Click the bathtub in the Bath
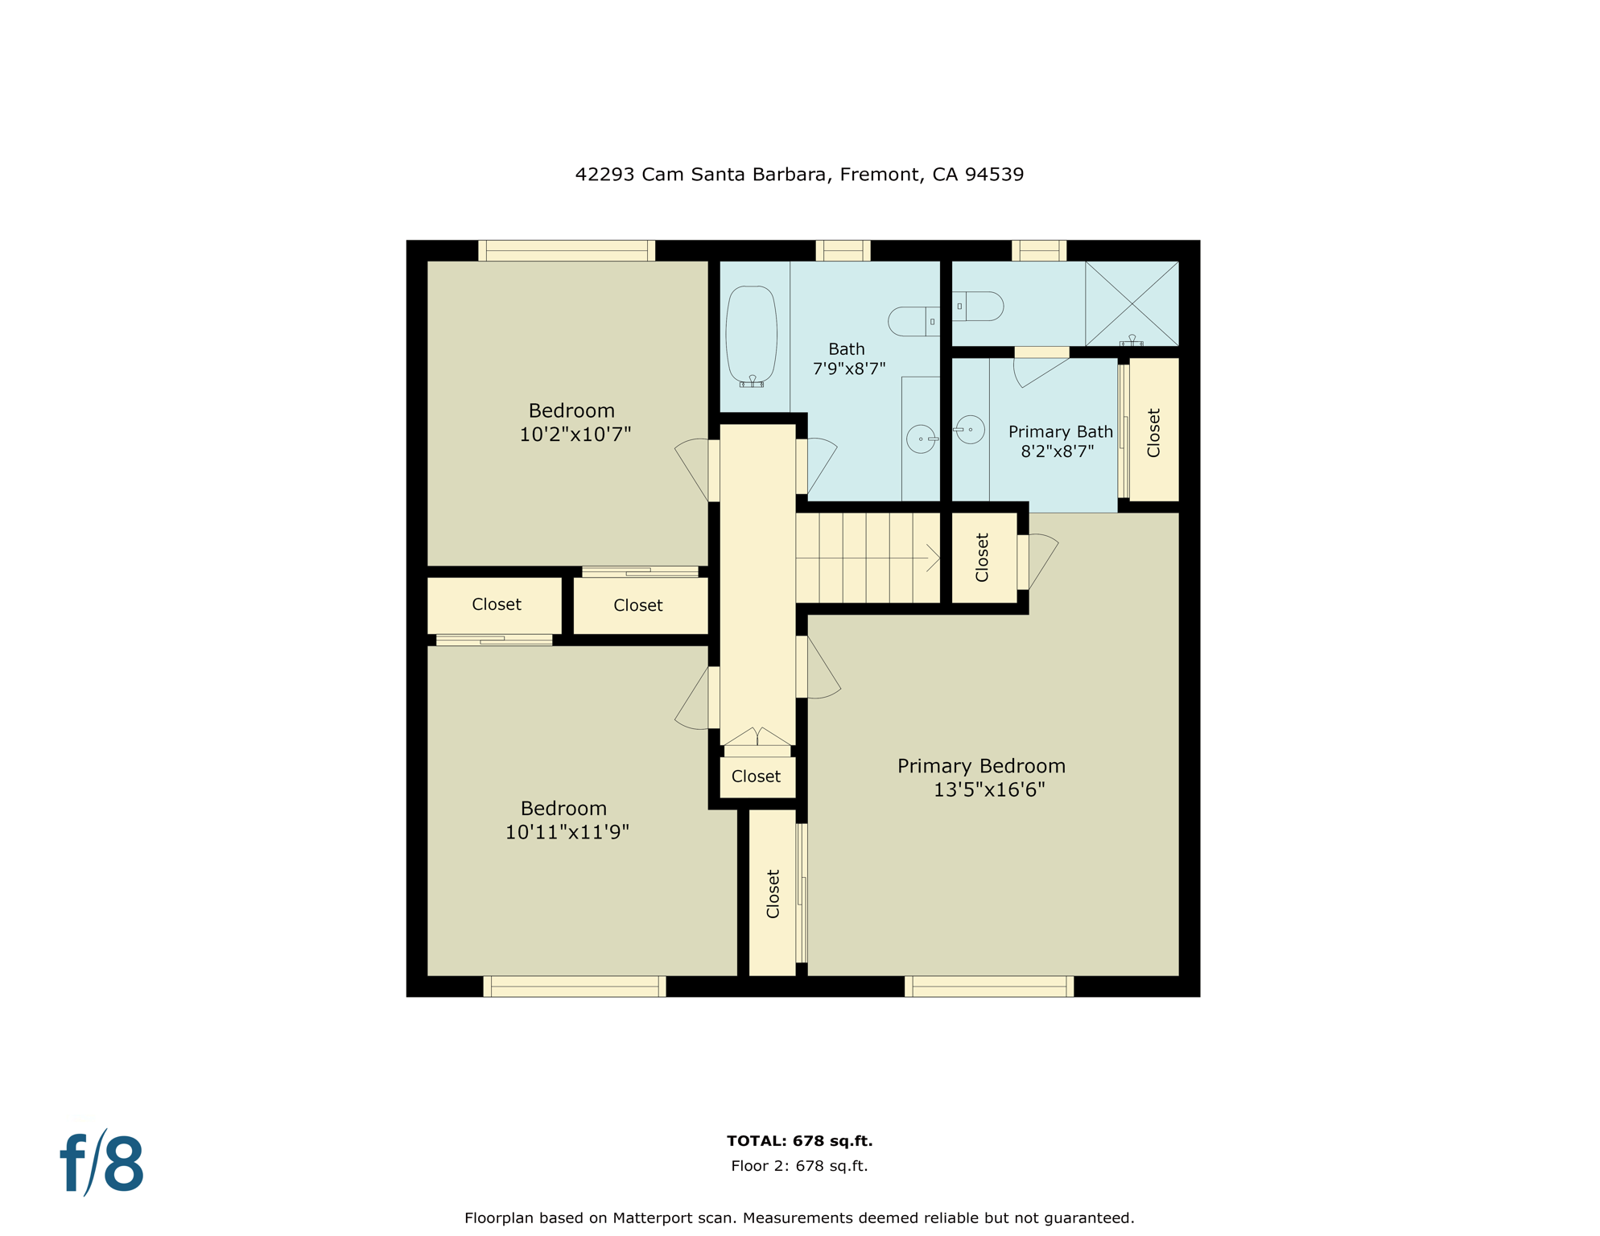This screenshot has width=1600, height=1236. (x=751, y=335)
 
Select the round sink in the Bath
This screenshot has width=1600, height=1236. (x=921, y=439)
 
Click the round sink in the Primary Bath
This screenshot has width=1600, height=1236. (x=971, y=430)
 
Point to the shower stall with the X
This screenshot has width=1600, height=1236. (x=1132, y=303)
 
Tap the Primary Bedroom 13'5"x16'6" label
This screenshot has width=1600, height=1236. (x=982, y=777)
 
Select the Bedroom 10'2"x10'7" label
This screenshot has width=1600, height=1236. (x=573, y=422)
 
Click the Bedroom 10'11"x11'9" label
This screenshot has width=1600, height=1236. (x=566, y=820)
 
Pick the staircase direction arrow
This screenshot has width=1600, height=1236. (x=932, y=558)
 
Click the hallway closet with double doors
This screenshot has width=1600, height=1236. (x=757, y=776)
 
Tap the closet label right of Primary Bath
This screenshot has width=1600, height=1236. (x=1153, y=433)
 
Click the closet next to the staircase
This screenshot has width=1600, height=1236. (x=983, y=558)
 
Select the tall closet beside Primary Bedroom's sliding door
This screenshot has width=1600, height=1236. (x=773, y=893)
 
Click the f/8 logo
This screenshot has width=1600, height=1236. (x=102, y=1164)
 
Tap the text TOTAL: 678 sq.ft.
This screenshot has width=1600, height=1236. (x=799, y=1140)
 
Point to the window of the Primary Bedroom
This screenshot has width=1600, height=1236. (x=988, y=987)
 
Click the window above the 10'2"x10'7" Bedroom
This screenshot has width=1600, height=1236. (x=567, y=250)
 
